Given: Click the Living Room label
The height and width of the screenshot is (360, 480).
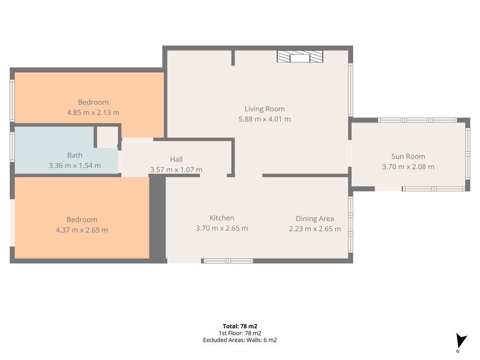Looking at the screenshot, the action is [x=264, y=108].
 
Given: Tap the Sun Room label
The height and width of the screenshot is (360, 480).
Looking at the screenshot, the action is [x=408, y=156].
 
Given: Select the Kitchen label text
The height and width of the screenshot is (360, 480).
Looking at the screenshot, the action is [x=222, y=218].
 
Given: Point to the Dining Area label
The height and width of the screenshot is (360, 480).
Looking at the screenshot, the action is [x=315, y=218].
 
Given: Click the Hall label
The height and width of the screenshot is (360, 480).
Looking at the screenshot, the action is [x=176, y=159].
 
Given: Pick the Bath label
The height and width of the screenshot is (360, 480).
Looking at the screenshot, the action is [x=75, y=155].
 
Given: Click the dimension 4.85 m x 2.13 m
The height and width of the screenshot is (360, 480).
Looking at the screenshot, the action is [x=93, y=112].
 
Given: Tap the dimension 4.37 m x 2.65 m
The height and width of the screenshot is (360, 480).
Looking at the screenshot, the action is [x=82, y=230].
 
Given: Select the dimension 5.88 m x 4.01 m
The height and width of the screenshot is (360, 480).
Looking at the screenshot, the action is [x=264, y=119].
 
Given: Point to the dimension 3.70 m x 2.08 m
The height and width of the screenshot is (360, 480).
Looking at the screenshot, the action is [x=408, y=167].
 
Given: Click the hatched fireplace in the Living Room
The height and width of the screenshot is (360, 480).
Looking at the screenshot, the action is [x=300, y=57].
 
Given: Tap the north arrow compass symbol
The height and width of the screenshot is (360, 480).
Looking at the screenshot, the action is [x=461, y=341].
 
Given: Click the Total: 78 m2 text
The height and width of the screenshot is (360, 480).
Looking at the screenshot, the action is [x=240, y=326].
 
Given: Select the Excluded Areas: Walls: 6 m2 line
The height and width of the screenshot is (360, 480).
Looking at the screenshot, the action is [x=240, y=340].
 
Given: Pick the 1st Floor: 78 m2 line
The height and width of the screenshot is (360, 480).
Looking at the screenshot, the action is [x=240, y=333].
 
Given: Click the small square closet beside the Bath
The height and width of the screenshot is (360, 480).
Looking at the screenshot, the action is [x=108, y=136].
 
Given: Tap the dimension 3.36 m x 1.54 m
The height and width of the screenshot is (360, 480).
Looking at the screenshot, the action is [x=75, y=166].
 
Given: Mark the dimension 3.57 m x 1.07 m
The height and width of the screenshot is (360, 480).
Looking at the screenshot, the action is [x=176, y=169].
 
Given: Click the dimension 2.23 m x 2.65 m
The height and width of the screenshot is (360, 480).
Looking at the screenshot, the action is [x=315, y=229].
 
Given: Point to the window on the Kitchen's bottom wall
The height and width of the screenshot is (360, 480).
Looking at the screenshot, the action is [x=228, y=261].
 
